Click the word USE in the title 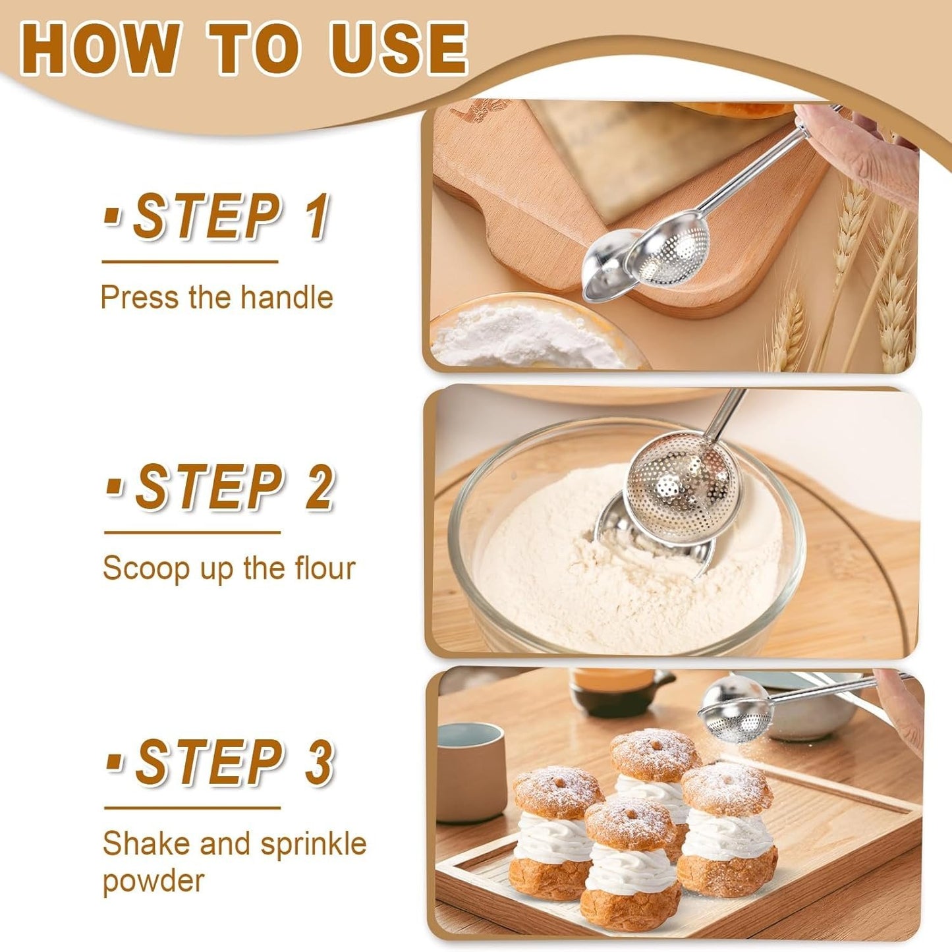coord(399,48)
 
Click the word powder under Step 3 coord(153,881)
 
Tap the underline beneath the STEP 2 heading coord(192,532)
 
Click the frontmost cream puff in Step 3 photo coord(631,863)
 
